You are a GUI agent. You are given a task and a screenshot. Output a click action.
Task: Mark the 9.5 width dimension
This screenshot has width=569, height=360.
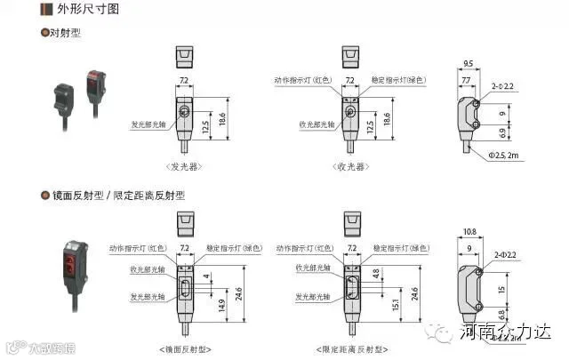[468, 64]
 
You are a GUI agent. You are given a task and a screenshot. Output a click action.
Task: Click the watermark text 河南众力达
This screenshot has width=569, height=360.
[507, 333]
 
